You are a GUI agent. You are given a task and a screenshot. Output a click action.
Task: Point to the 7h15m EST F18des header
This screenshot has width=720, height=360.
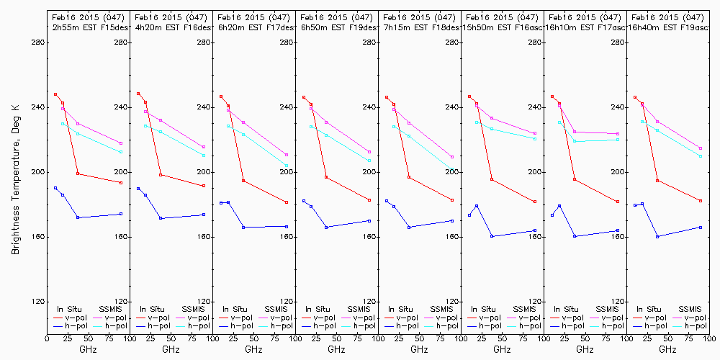pyautogui.click(x=418, y=27)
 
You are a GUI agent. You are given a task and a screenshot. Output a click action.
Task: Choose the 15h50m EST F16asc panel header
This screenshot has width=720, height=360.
pyautogui.click(x=501, y=27)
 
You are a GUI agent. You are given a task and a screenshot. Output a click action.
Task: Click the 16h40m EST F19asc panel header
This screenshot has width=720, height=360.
pyautogui.click(x=667, y=27)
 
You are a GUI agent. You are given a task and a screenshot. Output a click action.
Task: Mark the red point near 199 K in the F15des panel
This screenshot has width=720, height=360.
pyautogui.click(x=78, y=174)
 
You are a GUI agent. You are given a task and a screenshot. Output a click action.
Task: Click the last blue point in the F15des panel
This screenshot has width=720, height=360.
pyautogui.click(x=121, y=214)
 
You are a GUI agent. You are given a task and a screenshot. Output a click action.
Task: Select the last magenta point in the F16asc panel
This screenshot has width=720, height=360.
pyautogui.click(x=535, y=133)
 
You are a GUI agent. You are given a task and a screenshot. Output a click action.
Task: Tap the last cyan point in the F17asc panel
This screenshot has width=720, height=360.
pyautogui.click(x=618, y=140)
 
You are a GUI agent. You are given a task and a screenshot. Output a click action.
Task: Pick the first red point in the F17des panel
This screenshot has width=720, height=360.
pyautogui.click(x=221, y=96)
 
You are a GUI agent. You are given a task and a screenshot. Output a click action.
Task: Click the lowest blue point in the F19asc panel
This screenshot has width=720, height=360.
pyautogui.click(x=657, y=236)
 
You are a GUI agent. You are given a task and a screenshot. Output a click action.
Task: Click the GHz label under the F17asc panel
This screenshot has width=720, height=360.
pyautogui.click(x=585, y=349)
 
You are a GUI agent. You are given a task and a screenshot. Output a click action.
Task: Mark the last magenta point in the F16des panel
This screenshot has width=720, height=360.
pyautogui.click(x=204, y=147)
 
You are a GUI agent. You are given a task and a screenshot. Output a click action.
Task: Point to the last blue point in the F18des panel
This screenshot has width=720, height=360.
pyautogui.click(x=452, y=220)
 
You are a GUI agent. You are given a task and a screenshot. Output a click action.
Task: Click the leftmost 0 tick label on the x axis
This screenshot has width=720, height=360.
pyautogui.click(x=47, y=336)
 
